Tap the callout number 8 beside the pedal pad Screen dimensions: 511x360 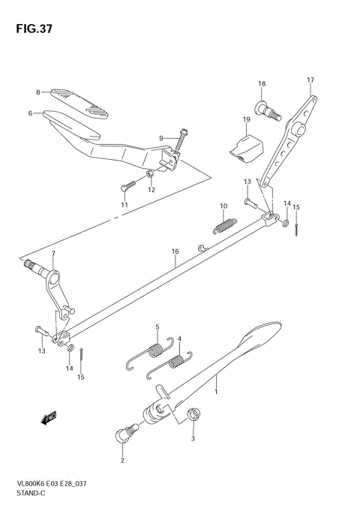pyautogui.click(x=37, y=92)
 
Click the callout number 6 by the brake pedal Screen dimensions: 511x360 pyautogui.click(x=30, y=114)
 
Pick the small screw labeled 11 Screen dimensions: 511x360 pyautogui.click(x=127, y=184)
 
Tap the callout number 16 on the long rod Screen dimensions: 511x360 pyautogui.click(x=174, y=252)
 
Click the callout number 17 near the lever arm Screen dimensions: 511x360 pyautogui.click(x=310, y=80)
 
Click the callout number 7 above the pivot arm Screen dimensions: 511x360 pyautogui.click(x=52, y=254)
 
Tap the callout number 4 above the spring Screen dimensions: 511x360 pyautogui.click(x=179, y=338)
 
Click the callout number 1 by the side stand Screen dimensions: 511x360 pyautogui.click(x=217, y=391)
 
